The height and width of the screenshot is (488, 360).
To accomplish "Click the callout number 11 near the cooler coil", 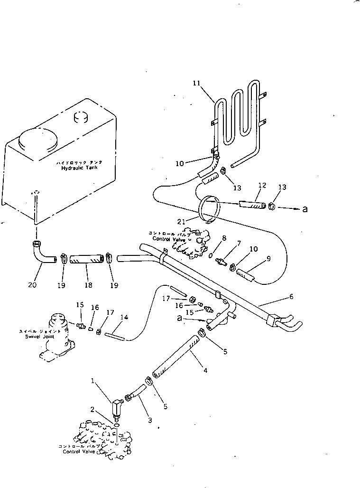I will [196, 83].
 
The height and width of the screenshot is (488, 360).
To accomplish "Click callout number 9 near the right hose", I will [268, 259].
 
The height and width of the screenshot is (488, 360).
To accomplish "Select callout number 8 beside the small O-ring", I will [224, 239].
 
